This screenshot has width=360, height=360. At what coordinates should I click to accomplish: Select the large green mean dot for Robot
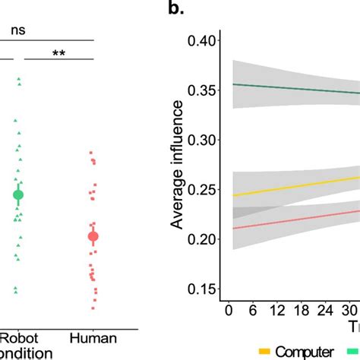click(18, 195)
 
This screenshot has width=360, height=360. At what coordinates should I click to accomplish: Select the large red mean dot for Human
click(93, 237)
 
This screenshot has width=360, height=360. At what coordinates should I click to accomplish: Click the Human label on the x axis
click(93, 338)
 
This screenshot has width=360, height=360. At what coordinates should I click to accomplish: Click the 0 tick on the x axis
click(229, 311)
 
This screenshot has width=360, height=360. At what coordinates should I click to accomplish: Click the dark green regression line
click(296, 88)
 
